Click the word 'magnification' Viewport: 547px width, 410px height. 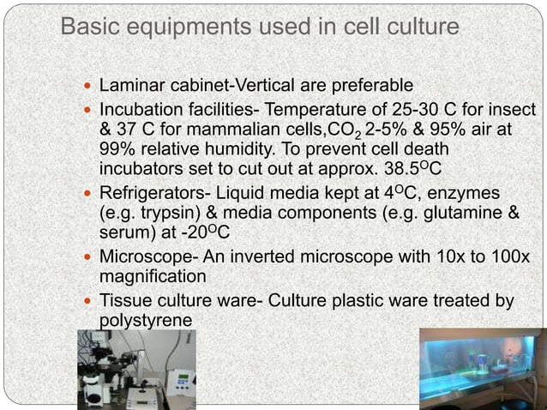click(153, 276)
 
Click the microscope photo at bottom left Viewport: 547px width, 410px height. click(136, 370)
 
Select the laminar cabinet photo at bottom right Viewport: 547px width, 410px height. click(482, 369)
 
